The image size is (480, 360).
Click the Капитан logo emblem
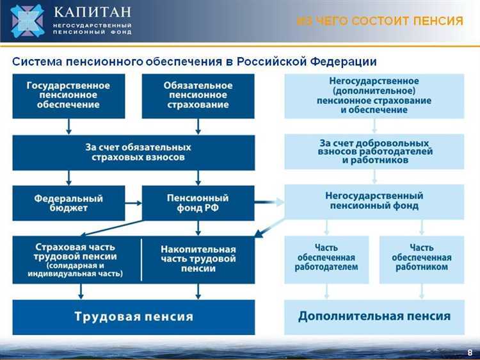click(27, 20)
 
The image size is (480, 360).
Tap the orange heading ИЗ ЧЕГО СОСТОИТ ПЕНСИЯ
click(380, 21)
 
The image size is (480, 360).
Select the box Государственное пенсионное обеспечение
click(68, 95)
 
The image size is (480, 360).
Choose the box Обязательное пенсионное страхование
click(198, 95)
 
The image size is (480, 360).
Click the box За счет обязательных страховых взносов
click(133, 152)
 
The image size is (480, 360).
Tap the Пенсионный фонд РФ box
click(198, 203)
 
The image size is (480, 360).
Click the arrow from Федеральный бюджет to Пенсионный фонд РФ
click(133, 203)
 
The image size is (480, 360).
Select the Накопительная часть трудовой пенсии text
click(198, 259)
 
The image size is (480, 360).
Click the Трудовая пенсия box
click(133, 316)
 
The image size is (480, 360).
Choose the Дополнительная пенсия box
click(374, 316)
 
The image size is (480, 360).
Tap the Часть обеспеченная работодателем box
click(326, 258)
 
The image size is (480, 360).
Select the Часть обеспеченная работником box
click(421, 258)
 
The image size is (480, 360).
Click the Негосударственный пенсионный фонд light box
click(374, 200)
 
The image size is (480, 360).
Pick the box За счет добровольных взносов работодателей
click(374, 152)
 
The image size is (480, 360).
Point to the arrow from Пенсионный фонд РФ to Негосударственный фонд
click(269, 202)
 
